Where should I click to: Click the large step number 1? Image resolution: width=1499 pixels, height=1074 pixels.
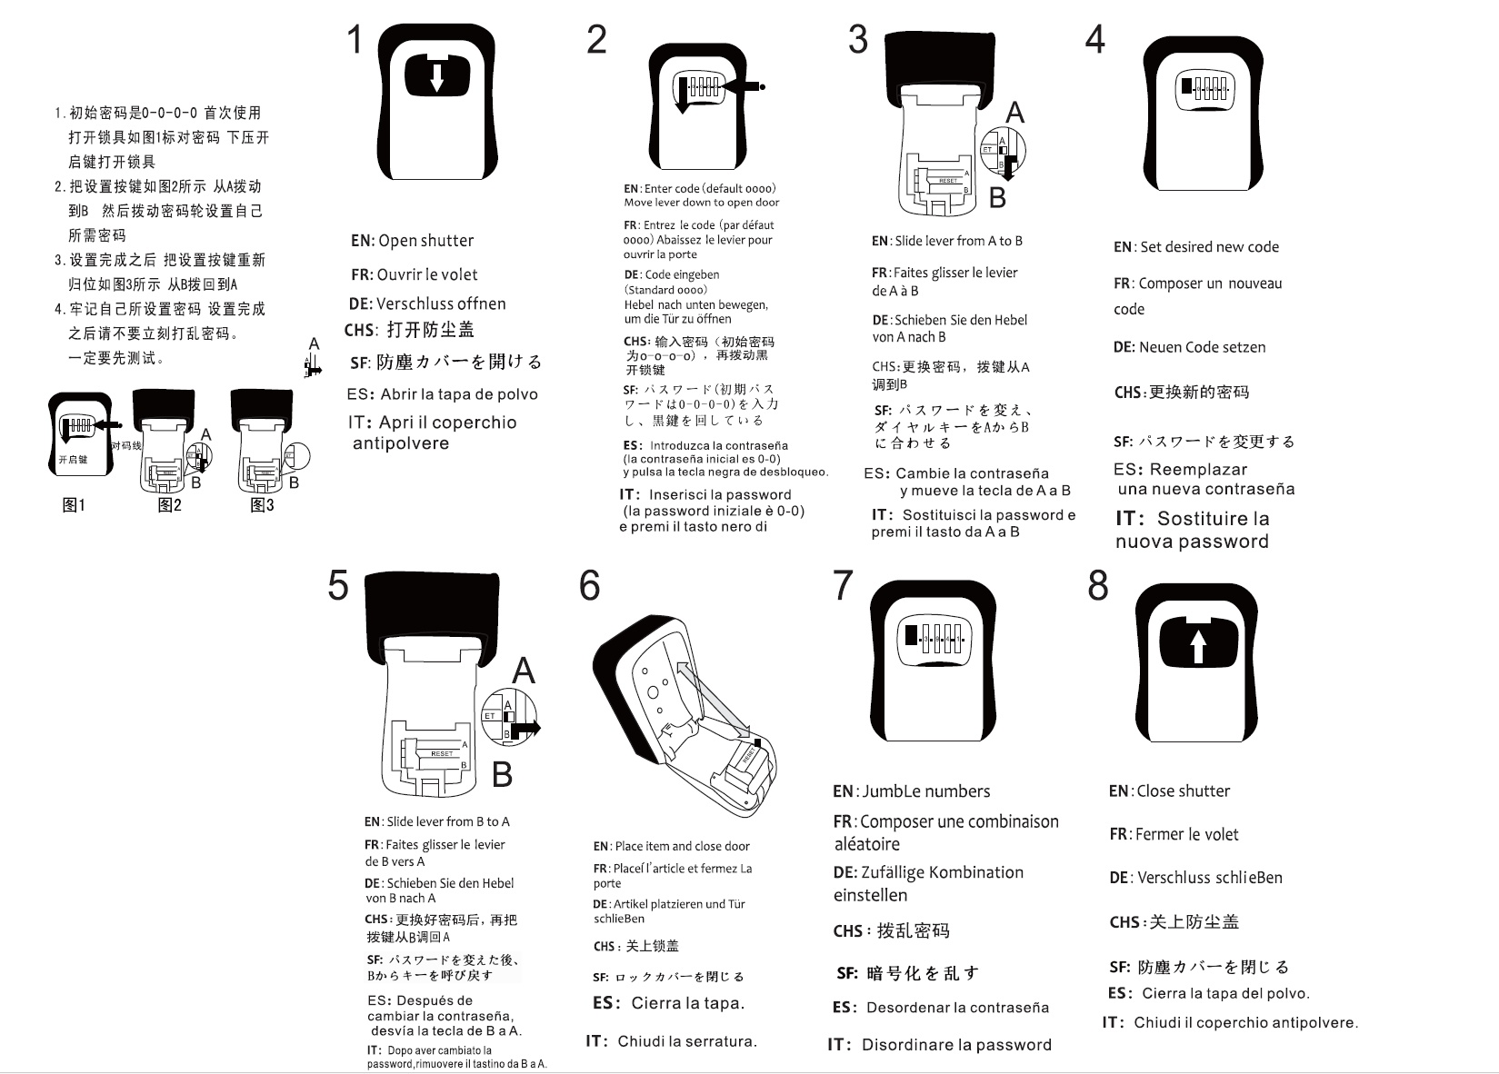(x=355, y=40)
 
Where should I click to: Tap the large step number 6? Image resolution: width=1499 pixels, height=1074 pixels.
(x=589, y=586)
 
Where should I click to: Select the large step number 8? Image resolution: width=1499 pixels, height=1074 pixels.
(x=1098, y=586)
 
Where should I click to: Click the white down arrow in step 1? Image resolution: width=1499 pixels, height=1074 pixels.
(x=436, y=75)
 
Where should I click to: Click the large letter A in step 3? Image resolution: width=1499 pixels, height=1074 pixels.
(x=1014, y=113)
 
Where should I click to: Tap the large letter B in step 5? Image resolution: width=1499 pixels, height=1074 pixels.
(x=502, y=775)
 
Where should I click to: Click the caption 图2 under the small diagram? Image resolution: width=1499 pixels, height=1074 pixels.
(x=169, y=505)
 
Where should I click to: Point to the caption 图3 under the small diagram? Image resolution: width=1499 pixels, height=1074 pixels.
(x=262, y=505)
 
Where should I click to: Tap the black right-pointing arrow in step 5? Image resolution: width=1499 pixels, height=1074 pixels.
(x=526, y=727)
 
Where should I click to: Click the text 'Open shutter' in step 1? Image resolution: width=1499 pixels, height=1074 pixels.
(x=425, y=241)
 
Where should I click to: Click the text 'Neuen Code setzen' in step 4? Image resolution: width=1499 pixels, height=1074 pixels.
(x=1202, y=347)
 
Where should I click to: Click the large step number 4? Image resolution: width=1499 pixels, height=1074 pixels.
(x=1095, y=40)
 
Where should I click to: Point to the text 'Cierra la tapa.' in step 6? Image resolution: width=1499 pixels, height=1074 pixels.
(x=687, y=1004)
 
